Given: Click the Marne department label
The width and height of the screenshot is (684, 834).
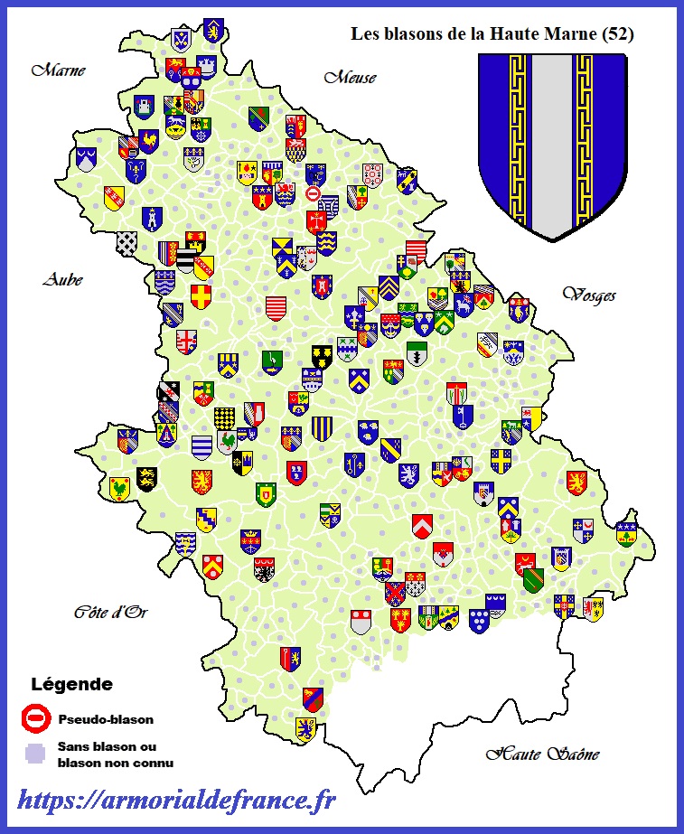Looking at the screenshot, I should click(58, 70).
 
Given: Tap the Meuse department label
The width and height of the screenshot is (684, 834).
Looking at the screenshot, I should click(350, 78).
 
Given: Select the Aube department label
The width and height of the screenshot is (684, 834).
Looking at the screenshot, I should click(62, 280).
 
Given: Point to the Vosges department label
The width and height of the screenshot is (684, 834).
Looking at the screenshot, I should click(588, 295).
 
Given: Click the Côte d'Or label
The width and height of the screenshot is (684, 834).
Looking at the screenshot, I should click(110, 613).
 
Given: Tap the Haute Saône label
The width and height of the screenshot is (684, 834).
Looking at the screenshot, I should click(542, 754).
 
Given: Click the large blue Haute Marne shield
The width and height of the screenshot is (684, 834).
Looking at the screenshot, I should click(552, 145).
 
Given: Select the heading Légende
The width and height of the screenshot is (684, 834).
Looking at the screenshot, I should click(72, 684).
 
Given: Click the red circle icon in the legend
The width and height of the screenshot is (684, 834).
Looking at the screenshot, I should click(35, 719).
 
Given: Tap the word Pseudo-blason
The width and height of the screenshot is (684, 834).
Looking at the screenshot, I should click(105, 720).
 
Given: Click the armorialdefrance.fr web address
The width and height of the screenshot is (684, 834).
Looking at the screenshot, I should click(176, 800).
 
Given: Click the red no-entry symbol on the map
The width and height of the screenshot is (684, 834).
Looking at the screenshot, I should click(313, 194).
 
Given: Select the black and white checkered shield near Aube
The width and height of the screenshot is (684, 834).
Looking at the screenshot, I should click(127, 242).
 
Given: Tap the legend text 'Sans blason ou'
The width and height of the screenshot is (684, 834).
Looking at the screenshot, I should click(100, 747).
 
